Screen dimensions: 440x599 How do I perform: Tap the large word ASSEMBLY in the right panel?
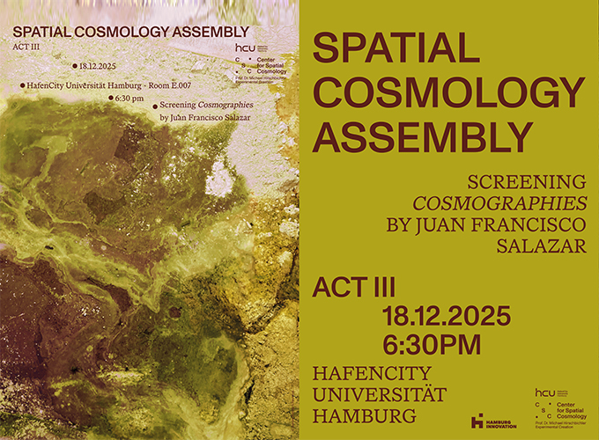(423, 136)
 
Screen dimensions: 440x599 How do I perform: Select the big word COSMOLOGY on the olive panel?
(448, 92)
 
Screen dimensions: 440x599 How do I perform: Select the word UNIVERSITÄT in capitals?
(379, 392)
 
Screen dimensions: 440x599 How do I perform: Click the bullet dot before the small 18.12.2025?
(75, 65)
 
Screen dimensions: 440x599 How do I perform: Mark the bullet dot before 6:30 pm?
(110, 98)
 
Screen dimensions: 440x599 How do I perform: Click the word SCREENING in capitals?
(527, 182)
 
